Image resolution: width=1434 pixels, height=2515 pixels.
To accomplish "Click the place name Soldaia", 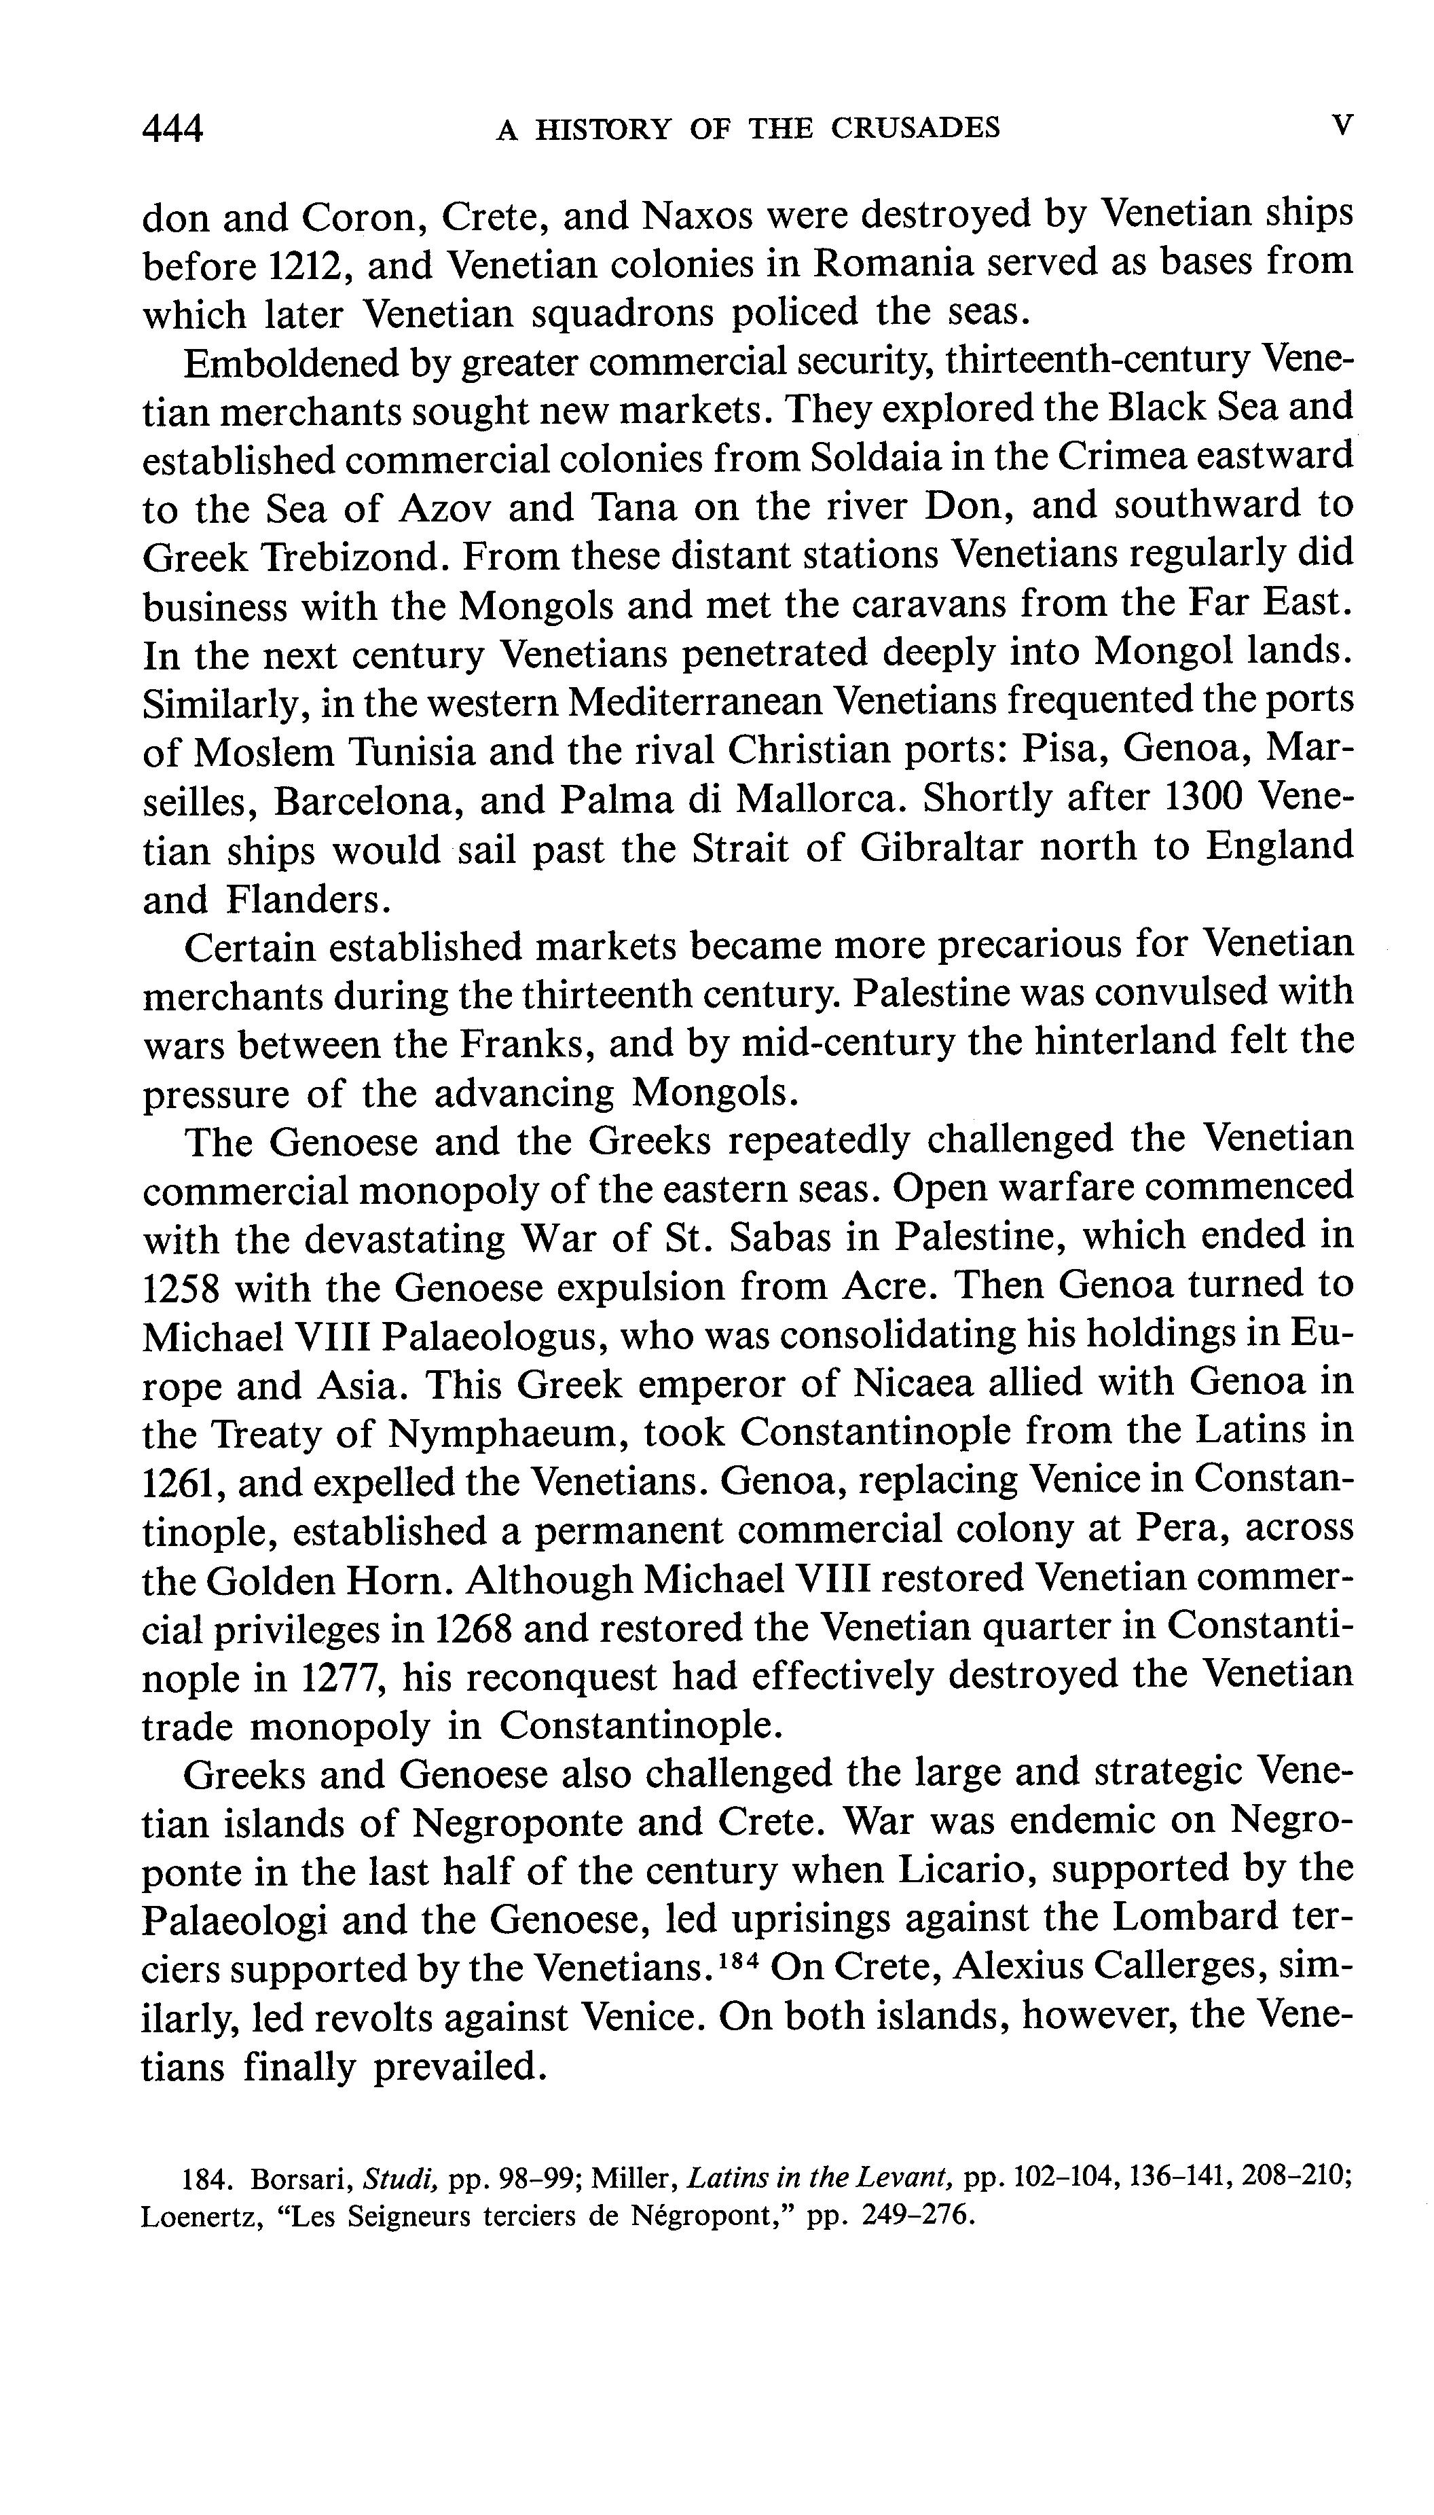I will [879, 457].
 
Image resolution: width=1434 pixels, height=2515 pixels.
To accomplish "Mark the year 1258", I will [182, 1287].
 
